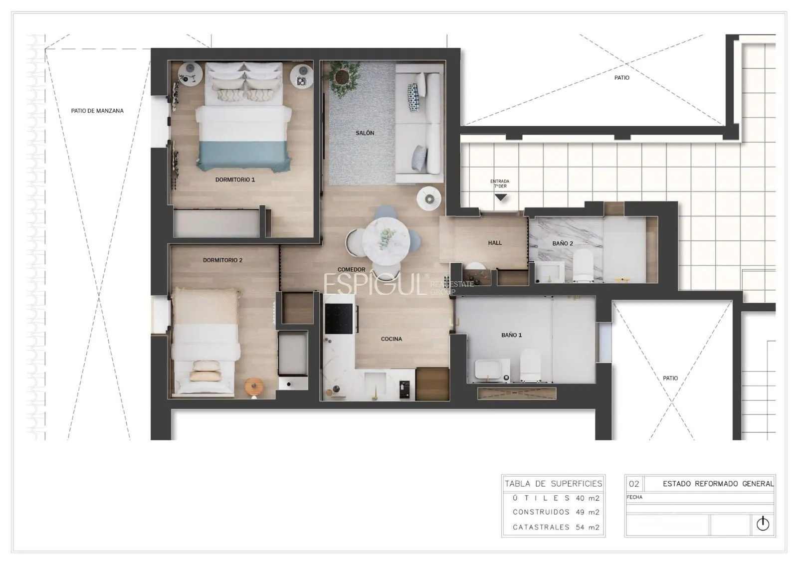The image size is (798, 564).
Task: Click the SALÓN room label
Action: click(365, 133)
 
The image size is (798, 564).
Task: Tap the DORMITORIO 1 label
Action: click(235, 180)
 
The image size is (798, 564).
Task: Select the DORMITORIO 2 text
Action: click(222, 260)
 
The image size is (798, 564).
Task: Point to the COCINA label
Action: click(392, 339)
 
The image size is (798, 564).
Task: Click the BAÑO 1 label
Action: click(512, 335)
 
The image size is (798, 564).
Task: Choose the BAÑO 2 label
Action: click(563, 243)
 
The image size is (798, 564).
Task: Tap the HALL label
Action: click(495, 243)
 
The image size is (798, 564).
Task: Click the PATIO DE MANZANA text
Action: click(97, 111)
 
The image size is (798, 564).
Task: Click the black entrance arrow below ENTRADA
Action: click(501, 197)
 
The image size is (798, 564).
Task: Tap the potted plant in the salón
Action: click(343, 77)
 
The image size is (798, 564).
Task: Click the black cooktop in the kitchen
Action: click(339, 319)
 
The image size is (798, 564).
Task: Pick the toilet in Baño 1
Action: click(530, 366)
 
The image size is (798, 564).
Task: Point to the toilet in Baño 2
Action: click(583, 265)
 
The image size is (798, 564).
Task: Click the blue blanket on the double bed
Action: click(244, 156)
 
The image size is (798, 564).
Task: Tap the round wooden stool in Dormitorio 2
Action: click(254, 387)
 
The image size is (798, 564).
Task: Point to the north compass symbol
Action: click(763, 524)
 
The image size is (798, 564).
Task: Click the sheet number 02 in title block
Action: click(634, 484)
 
